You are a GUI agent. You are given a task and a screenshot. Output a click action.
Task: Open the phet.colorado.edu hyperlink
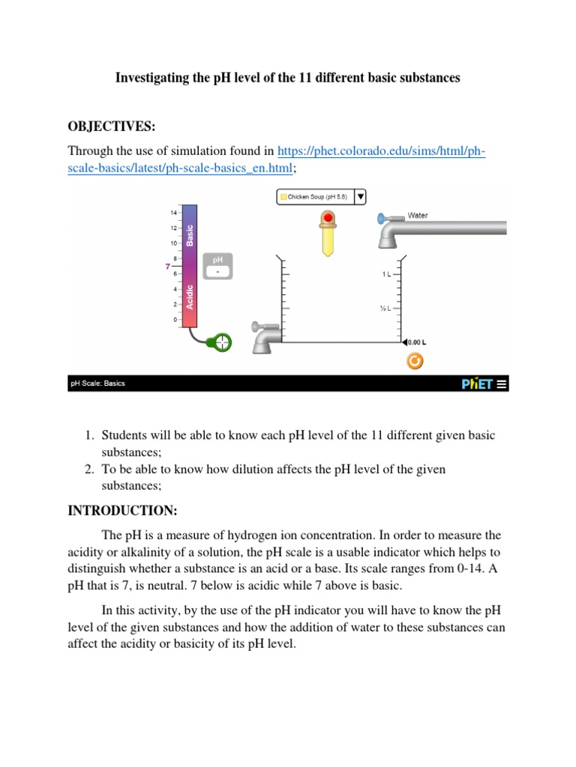point(381,152)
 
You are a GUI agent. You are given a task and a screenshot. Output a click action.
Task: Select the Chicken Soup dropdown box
point(321,197)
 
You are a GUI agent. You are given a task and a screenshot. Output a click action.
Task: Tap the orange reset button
point(414,362)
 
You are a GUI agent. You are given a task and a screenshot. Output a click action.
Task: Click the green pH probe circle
point(221,343)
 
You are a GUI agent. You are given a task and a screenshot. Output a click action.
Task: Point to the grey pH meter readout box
point(217,266)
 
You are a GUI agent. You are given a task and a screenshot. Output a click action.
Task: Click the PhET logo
point(477,383)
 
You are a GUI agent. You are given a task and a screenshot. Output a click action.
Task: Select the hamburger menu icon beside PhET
point(502,383)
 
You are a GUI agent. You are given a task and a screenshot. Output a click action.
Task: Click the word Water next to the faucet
point(418,216)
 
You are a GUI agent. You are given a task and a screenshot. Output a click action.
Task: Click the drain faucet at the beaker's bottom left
point(265,337)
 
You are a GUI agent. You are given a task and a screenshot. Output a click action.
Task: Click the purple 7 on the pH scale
point(168,266)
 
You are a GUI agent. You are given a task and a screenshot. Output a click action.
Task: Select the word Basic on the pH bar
point(190,235)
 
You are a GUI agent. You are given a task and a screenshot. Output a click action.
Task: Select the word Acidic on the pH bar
point(190,297)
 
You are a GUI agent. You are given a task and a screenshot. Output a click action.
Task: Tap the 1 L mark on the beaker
point(385,275)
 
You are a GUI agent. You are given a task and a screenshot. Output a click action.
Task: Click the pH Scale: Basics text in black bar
point(97,383)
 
